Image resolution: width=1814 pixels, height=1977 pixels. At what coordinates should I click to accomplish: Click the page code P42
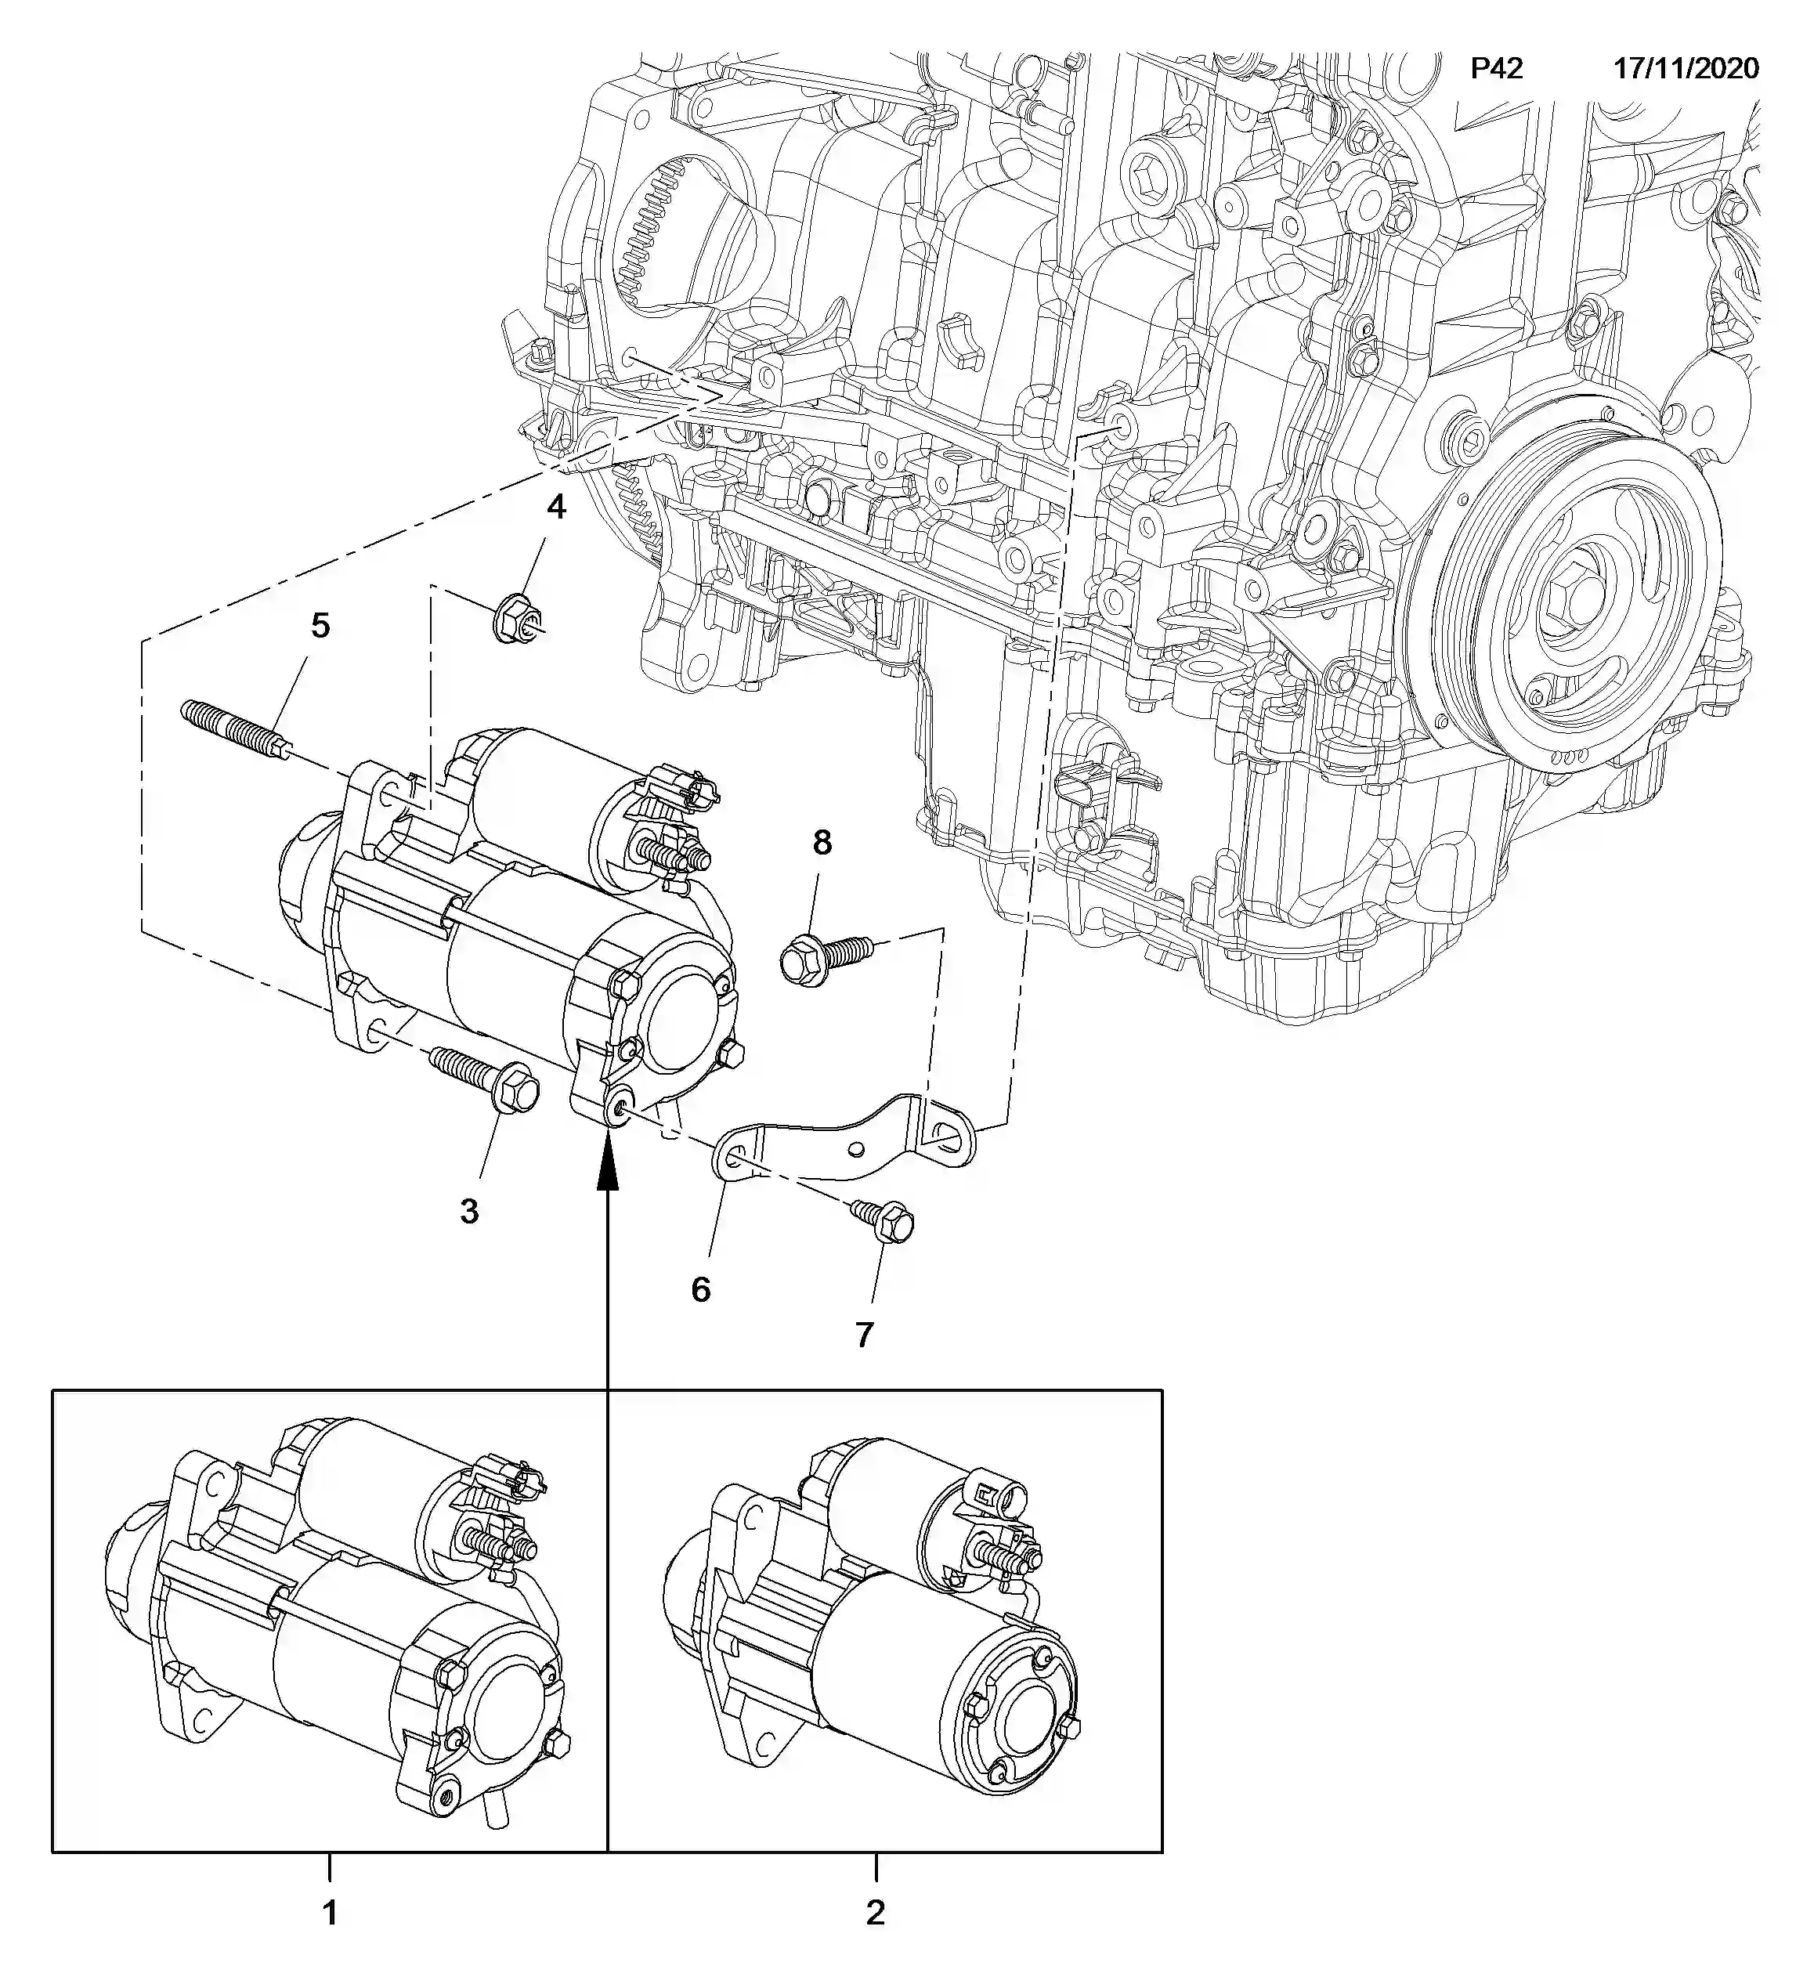[1496, 69]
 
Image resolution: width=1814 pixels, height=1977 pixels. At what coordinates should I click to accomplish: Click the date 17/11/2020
[1686, 69]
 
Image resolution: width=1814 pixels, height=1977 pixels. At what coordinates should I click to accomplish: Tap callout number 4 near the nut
[557, 507]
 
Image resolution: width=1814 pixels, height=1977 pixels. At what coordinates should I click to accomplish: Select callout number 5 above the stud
[320, 625]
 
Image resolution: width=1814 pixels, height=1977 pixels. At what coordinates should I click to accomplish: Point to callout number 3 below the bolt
[469, 1211]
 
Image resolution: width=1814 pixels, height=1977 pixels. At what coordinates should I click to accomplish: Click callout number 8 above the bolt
[822, 841]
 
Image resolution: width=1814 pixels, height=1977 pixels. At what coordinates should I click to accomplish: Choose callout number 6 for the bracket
[700, 1288]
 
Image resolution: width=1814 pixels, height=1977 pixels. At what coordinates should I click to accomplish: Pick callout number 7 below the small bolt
[864, 1334]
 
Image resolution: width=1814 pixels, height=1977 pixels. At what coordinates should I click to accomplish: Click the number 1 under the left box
[330, 1912]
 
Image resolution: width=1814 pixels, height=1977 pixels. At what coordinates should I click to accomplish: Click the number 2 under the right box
[875, 1911]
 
